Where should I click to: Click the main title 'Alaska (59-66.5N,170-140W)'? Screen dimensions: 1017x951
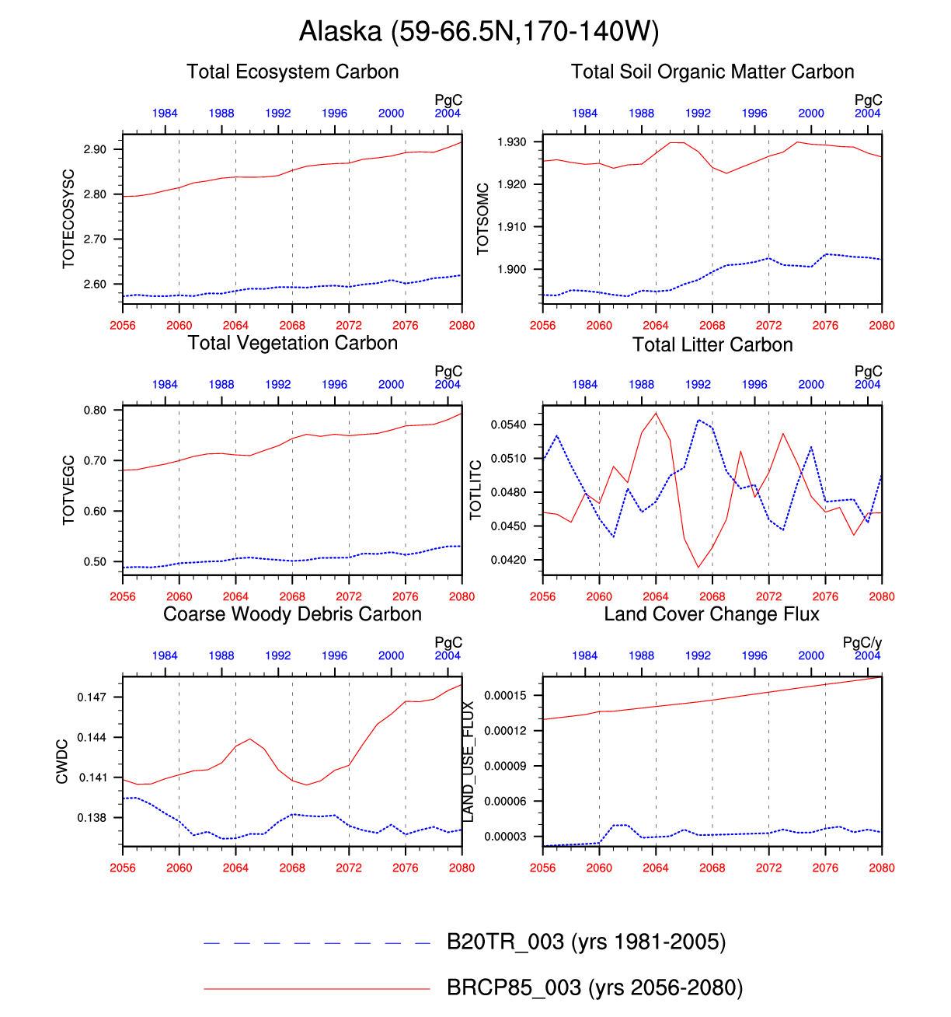click(x=479, y=32)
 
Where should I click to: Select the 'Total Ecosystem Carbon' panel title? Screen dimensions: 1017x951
click(x=292, y=72)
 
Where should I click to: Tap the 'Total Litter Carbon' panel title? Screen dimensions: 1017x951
click(x=712, y=344)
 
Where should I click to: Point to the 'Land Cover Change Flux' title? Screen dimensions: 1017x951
click(x=712, y=614)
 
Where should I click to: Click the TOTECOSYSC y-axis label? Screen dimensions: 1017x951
click(x=68, y=219)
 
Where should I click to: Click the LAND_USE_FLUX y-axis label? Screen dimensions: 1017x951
click(x=468, y=761)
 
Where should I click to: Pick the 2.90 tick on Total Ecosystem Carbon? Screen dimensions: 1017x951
click(x=96, y=149)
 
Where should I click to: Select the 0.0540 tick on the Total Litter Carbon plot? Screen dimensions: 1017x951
click(x=508, y=425)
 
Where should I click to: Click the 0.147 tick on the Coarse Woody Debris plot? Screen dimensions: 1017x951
click(x=92, y=697)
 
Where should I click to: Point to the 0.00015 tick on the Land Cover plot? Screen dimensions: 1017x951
click(x=505, y=695)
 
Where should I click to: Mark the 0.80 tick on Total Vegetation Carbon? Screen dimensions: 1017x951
click(x=96, y=411)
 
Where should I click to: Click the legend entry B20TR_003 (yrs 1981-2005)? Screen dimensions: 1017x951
click(x=586, y=942)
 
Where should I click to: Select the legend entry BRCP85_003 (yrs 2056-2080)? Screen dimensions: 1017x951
click(x=594, y=988)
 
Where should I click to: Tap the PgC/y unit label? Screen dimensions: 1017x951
click(x=862, y=643)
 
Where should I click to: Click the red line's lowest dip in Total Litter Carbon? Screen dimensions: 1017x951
click(x=698, y=567)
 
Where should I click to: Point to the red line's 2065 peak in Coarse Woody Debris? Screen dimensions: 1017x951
click(x=250, y=739)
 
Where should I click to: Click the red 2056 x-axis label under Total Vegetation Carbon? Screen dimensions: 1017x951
click(x=123, y=596)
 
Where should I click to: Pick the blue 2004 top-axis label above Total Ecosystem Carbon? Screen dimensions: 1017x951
click(x=448, y=114)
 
